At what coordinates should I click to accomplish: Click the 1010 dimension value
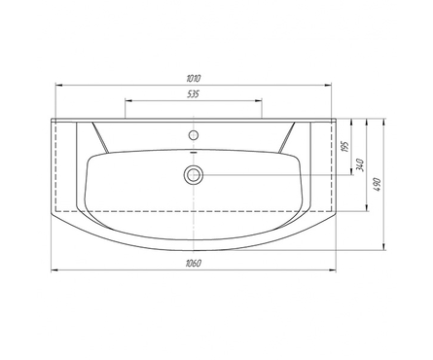pos(194,78)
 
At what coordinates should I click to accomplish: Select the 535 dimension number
pos(193,94)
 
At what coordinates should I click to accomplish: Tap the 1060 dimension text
pos(194,263)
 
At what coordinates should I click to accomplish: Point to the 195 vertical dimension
pos(345,147)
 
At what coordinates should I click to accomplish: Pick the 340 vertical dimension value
pos(361,165)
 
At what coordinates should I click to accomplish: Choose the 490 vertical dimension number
pos(378,184)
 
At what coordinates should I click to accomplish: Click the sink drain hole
pos(194,175)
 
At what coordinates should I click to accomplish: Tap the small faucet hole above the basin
pos(194,134)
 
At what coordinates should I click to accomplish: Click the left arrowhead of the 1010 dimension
pos(58,86)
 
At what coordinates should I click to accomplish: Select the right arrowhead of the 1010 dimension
pos(328,86)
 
